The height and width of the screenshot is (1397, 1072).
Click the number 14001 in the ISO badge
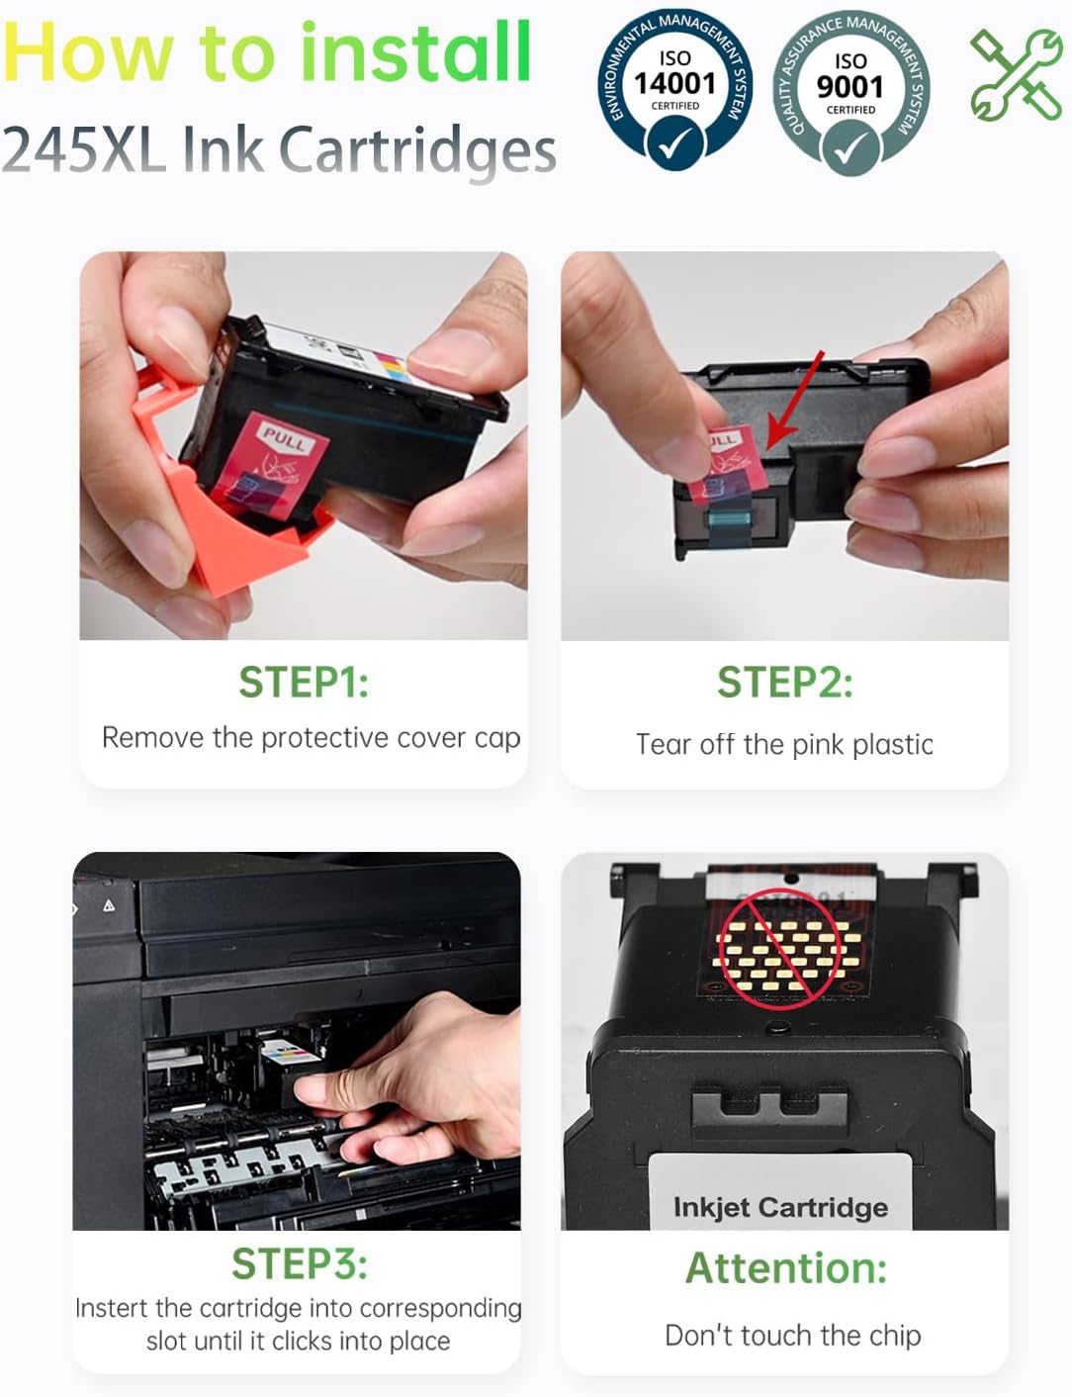point(674,83)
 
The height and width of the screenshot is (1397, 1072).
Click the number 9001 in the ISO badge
point(850,87)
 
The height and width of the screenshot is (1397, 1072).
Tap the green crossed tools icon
point(1016,74)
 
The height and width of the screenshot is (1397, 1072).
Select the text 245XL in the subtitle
point(82,149)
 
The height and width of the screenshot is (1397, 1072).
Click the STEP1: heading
point(304,682)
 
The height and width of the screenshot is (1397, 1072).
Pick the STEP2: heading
point(785,682)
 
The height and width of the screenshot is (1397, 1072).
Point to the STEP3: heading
point(300,1263)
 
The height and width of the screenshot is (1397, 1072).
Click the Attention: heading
point(786,1268)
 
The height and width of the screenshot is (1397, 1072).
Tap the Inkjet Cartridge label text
point(780,1207)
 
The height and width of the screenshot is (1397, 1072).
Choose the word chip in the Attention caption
point(895,1336)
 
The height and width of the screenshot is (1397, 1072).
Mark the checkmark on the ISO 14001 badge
point(673,144)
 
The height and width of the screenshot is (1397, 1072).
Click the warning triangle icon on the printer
point(109,906)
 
